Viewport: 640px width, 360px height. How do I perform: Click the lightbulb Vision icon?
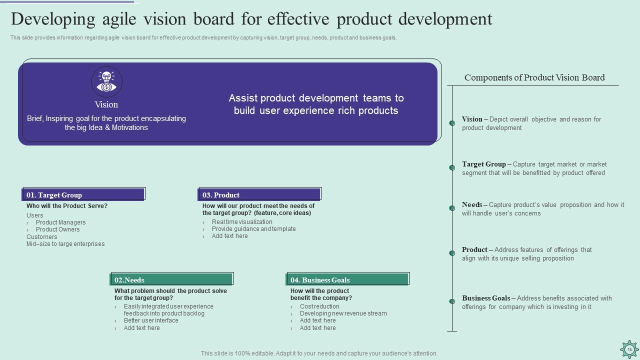106,81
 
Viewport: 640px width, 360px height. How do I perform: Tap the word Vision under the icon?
106,104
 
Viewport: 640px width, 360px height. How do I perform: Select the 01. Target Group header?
83,194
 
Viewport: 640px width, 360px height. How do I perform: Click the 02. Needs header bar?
171,279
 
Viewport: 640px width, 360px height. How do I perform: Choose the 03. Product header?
259,194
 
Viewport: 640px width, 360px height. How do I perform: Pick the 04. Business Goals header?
347,279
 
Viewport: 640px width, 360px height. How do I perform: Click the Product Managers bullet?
60,222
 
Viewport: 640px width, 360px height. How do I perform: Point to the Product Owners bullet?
57,229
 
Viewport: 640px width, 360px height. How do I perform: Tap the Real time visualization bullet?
242,222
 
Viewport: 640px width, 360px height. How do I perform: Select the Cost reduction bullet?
319,306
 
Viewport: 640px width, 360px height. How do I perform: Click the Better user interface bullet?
151,320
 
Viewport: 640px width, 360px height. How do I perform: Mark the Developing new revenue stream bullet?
343,313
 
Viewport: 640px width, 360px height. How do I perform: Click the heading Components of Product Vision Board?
534,77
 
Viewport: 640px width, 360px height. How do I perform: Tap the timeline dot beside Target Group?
452,167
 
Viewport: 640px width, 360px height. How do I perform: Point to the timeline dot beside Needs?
452,208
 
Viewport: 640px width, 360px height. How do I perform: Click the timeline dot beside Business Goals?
452,301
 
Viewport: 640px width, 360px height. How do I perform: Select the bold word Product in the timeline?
474,249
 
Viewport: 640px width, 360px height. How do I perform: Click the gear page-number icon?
629,349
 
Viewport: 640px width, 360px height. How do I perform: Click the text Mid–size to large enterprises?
65,244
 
